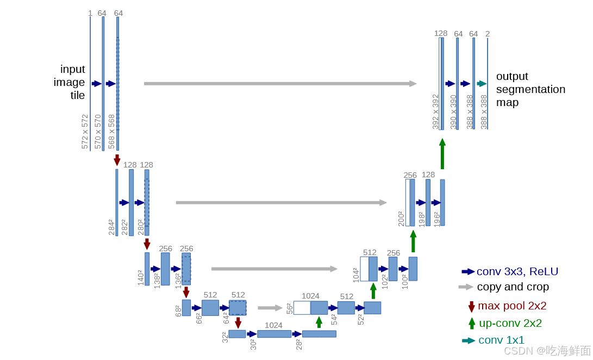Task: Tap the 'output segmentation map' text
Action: [530, 89]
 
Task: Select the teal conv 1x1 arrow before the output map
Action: [482, 84]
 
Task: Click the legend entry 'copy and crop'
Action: [512, 287]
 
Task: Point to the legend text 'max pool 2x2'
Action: [511, 306]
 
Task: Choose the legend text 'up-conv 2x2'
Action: [510, 323]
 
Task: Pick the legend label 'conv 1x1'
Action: [501, 340]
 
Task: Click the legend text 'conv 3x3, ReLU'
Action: [517, 271]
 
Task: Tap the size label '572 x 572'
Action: [85, 132]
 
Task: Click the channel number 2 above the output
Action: [488, 34]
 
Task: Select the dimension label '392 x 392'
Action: [435, 112]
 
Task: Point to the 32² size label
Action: [224, 337]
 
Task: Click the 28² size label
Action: [298, 344]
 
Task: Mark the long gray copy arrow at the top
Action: [280, 84]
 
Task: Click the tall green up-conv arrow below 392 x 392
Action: [442, 153]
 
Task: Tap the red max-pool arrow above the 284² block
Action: [117, 160]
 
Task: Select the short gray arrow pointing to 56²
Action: [270, 308]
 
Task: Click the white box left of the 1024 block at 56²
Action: [302, 308]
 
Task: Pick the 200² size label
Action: [401, 219]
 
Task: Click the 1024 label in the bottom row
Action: [273, 325]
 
